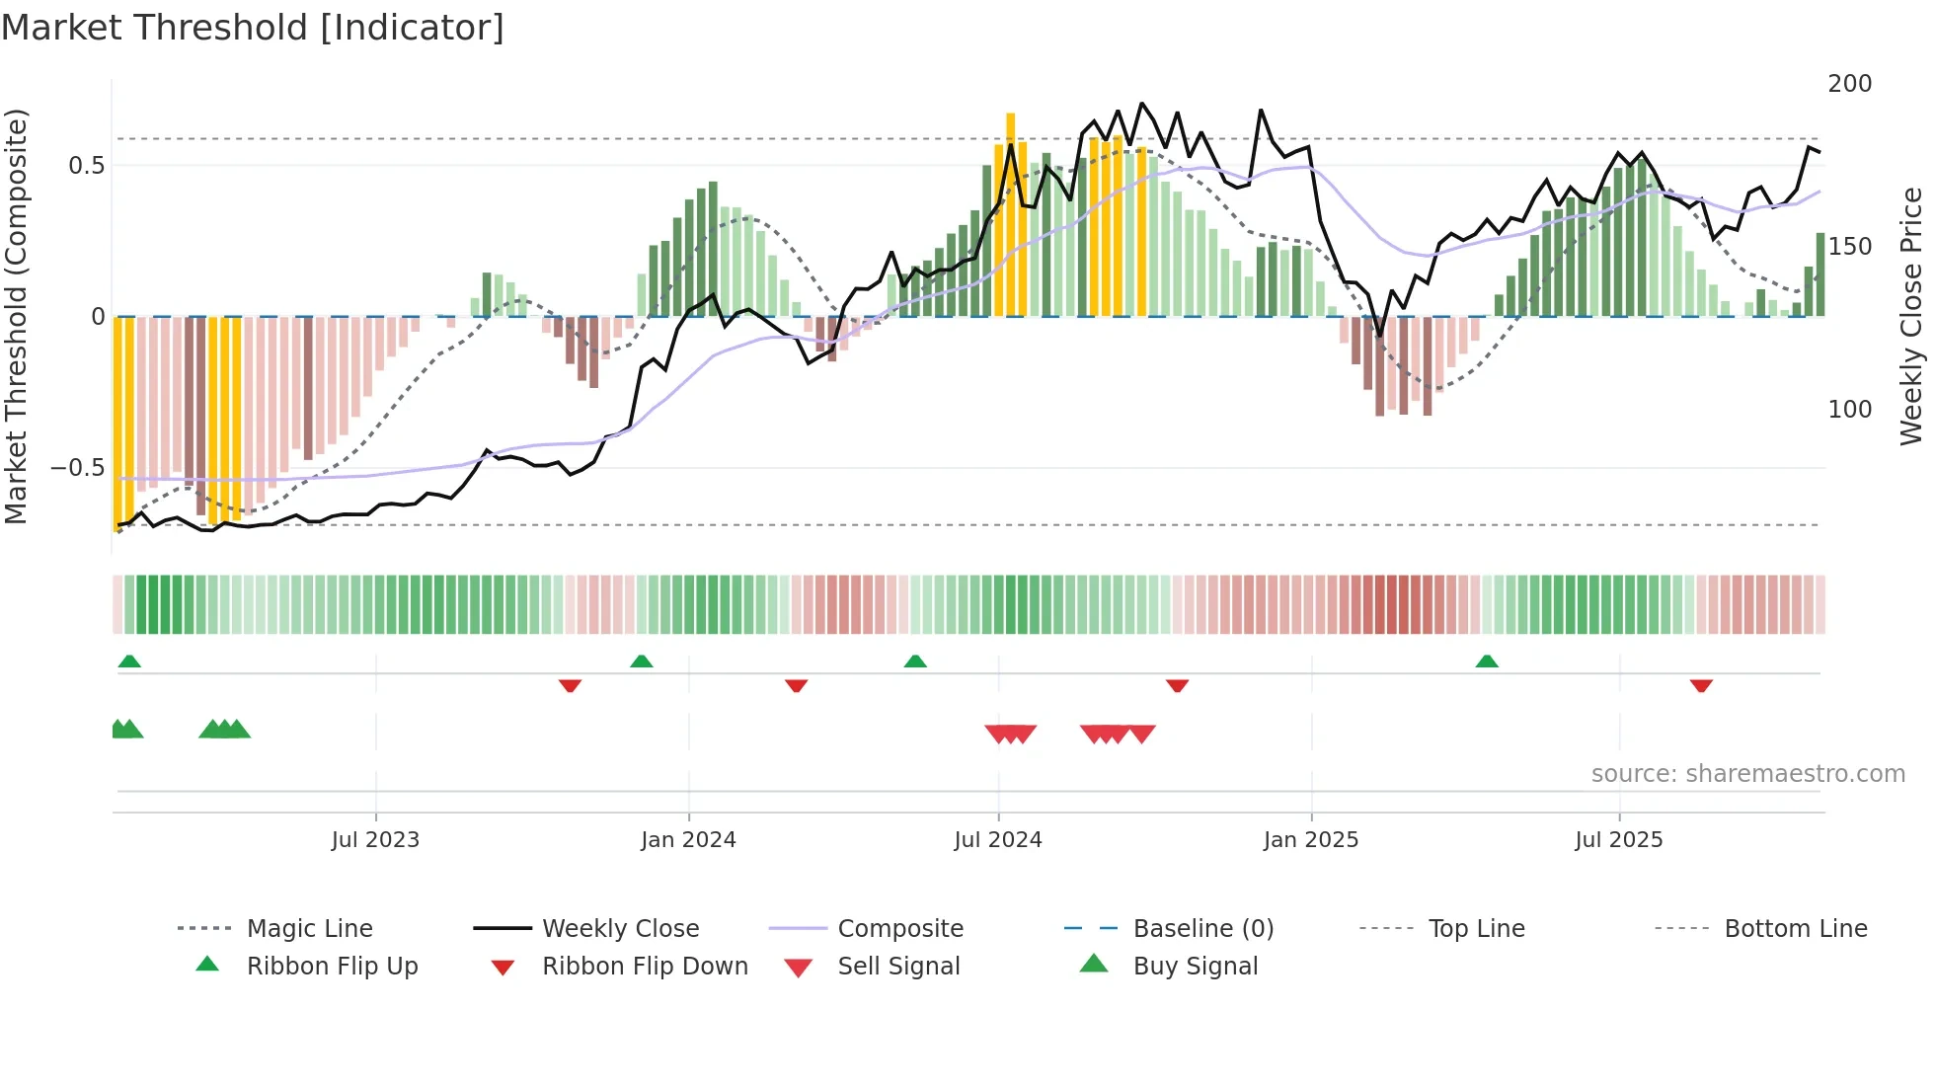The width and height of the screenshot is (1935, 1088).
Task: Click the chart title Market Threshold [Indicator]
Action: click(253, 28)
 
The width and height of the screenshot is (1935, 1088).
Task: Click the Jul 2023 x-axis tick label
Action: click(375, 840)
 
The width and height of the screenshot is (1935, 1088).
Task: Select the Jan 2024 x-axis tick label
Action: click(688, 840)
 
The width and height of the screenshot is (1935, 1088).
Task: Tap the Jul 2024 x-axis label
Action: click(998, 840)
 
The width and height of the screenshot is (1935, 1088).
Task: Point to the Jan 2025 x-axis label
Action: click(1311, 840)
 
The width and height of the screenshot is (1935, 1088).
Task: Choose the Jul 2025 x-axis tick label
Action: click(1619, 840)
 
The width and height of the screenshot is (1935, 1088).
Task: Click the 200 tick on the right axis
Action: click(1849, 84)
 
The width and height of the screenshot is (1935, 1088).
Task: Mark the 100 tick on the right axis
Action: click(1849, 410)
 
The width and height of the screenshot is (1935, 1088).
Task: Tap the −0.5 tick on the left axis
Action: click(78, 468)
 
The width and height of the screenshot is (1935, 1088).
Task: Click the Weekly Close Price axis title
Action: click(1911, 316)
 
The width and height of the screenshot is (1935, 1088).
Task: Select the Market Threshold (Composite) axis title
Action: click(16, 316)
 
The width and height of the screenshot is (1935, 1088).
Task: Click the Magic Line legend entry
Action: click(309, 929)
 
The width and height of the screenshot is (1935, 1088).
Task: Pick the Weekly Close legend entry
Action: click(620, 929)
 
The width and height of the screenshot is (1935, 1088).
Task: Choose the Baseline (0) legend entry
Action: click(1202, 929)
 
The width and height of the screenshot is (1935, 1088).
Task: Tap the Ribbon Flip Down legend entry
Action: click(645, 967)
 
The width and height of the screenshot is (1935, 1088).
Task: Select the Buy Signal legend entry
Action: click(1195, 967)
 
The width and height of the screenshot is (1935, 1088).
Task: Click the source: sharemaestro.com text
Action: click(1747, 774)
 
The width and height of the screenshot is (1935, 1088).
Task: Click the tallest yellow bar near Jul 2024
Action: click(1011, 212)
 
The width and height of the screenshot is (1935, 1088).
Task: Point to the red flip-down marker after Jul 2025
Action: click(1700, 685)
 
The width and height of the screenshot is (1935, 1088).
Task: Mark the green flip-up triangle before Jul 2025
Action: click(1487, 661)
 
